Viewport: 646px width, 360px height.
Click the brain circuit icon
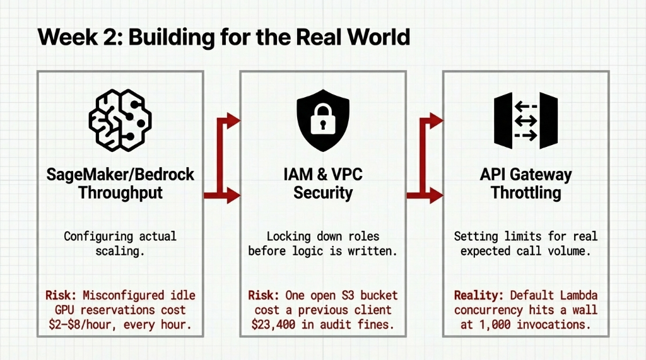[x=120, y=120]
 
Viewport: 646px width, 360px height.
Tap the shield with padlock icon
[x=322, y=120]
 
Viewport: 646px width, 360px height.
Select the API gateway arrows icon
[x=526, y=120]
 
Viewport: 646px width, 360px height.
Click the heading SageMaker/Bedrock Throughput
[x=120, y=183]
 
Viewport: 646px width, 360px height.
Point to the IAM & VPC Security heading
[x=322, y=183]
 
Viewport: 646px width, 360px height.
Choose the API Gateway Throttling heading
[x=526, y=183]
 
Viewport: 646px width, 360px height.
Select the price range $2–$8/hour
[x=95, y=325]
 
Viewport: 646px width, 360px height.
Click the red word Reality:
[x=479, y=295]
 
